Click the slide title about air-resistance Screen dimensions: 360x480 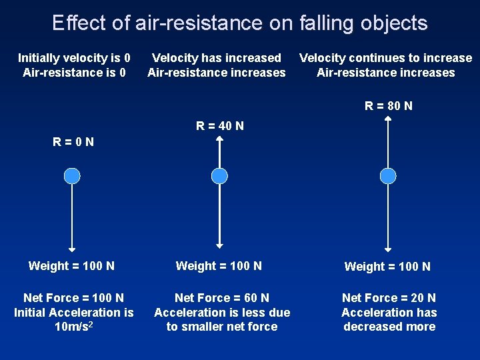pyautogui.click(x=240, y=23)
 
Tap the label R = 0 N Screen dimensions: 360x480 pyautogui.click(x=73, y=141)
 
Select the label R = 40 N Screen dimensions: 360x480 pyautogui.click(x=220, y=125)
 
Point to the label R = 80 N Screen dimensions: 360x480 pyautogui.click(x=389, y=105)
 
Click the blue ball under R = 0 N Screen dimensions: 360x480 pyautogui.click(x=72, y=176)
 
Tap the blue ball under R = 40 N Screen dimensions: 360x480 pyautogui.click(x=219, y=176)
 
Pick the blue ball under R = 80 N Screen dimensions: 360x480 pyautogui.click(x=388, y=176)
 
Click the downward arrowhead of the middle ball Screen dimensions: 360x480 pyautogui.click(x=219, y=245)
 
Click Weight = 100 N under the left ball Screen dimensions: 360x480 pyautogui.click(x=72, y=266)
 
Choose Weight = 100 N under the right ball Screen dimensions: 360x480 pyautogui.click(x=387, y=267)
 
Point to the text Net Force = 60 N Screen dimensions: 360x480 pyautogui.click(x=222, y=298)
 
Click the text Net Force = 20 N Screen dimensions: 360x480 pyautogui.click(x=389, y=298)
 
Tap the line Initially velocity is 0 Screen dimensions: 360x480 pyautogui.click(x=74, y=58)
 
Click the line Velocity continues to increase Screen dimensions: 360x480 pyautogui.click(x=385, y=58)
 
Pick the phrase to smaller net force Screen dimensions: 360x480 pyautogui.click(x=222, y=327)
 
